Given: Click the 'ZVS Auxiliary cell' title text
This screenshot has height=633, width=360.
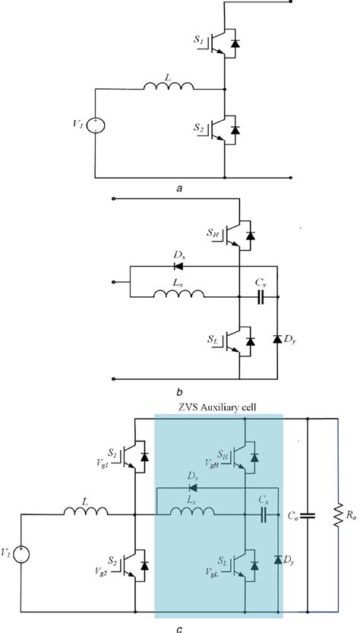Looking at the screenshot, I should (x=218, y=407).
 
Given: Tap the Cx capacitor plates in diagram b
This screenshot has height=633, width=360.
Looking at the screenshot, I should (x=260, y=299).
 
